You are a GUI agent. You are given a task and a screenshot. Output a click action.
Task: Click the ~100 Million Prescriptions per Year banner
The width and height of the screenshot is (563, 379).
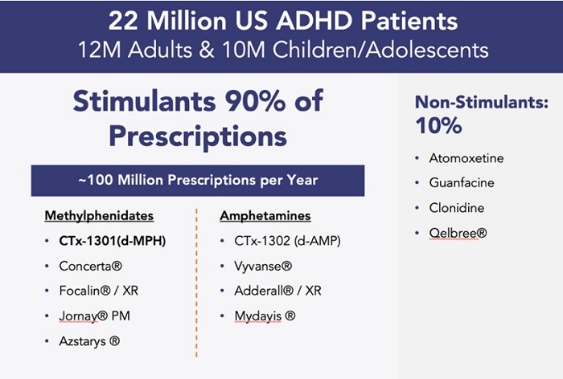pos(198,180)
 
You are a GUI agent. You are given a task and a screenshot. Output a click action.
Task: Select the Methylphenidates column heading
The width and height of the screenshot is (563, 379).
pos(99,216)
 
